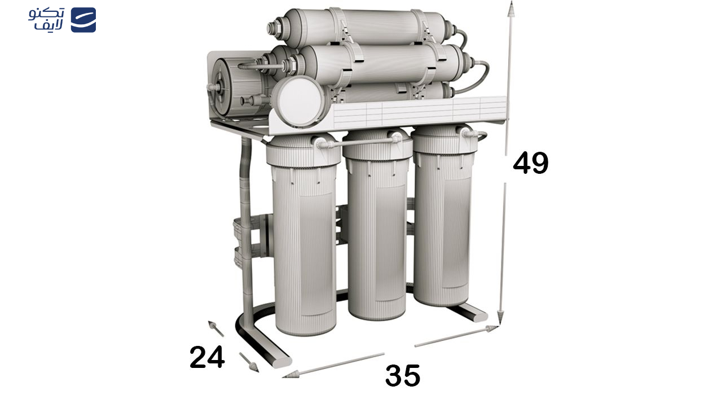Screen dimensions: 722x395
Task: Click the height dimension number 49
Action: pos(531,163)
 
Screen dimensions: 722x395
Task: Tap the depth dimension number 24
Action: pos(207,357)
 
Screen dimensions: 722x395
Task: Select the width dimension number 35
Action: pos(403,375)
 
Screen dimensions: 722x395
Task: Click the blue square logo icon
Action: pos(83,20)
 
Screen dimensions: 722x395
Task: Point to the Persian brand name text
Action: pos(46,19)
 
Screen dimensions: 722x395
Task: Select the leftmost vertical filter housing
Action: pos(304,235)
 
